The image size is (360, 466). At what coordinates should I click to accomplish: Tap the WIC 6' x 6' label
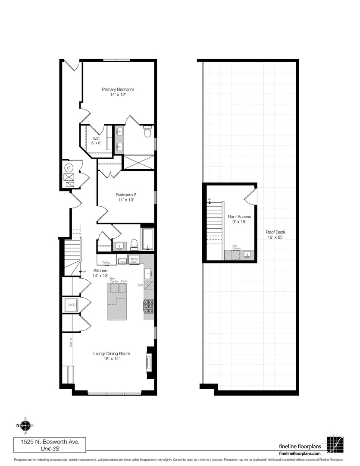point(96,141)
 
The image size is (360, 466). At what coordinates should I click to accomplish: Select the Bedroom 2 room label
point(125,197)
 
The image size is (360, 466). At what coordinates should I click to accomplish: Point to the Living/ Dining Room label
point(112,356)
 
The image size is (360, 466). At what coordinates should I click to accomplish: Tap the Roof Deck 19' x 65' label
point(275,234)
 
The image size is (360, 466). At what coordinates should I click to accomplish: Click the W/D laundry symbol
point(71,305)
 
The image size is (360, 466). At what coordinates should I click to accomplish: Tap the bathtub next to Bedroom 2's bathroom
point(147,240)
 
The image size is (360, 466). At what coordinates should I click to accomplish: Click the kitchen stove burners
point(148,306)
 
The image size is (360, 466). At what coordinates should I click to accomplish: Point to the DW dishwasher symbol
point(148,286)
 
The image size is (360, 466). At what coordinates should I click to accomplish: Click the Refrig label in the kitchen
point(106,262)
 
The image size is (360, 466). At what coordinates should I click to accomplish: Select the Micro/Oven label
point(134,260)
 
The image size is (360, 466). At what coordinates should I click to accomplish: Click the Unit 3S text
point(47,449)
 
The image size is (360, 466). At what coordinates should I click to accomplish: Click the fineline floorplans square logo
point(335,444)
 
